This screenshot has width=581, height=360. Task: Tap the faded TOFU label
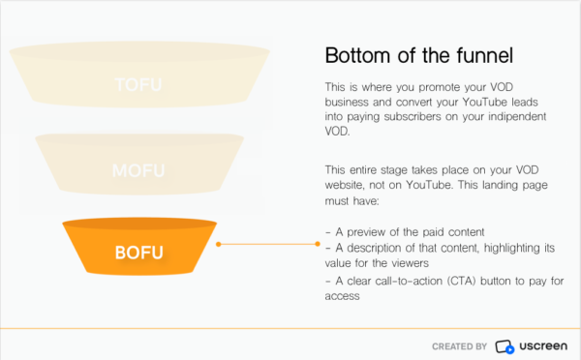(x=138, y=84)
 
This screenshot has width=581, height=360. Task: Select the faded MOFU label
(x=138, y=171)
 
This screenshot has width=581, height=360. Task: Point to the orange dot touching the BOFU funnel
(x=219, y=244)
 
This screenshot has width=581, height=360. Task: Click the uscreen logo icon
(x=505, y=345)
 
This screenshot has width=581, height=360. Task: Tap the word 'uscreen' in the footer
(x=542, y=345)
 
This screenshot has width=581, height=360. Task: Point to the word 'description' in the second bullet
(x=373, y=249)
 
